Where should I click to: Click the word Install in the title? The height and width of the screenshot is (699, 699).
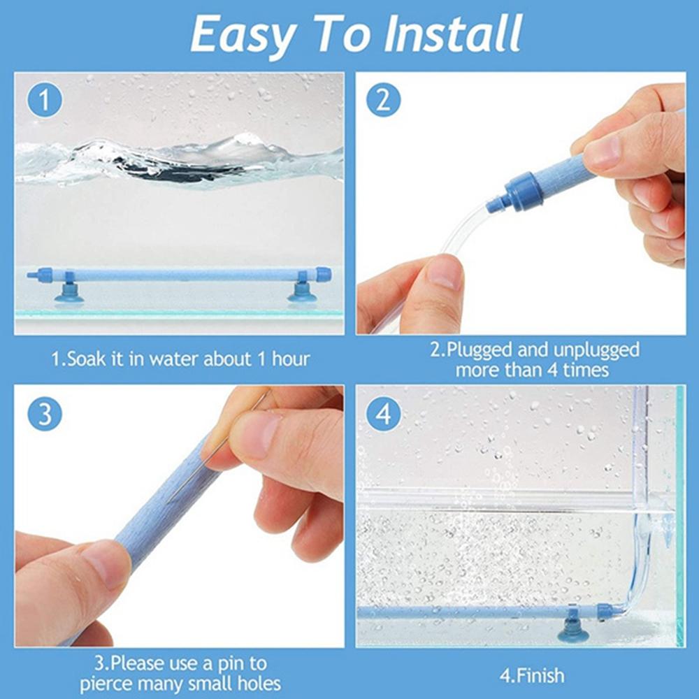point(453,34)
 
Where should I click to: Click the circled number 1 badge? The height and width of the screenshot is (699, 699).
point(45,101)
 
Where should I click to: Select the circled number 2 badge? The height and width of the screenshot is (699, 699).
point(383,101)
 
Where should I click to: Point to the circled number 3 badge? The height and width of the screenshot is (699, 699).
point(45,415)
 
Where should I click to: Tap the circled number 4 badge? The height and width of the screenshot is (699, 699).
point(383,415)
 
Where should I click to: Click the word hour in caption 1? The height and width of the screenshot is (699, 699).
point(291,359)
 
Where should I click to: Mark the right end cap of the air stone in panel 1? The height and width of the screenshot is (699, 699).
point(324,274)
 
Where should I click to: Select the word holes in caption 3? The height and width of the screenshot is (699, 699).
point(258,684)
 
